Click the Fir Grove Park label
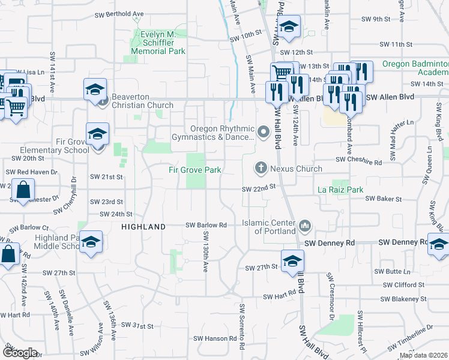(194, 170)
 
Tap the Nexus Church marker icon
(261, 167)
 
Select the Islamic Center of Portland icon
(305, 226)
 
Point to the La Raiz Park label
(340, 190)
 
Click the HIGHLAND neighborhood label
(143, 227)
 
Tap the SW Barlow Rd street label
(206, 225)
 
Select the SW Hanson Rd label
(210, 338)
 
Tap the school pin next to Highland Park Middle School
(91, 242)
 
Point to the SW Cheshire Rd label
(358, 162)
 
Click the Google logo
(19, 353)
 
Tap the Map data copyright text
(423, 355)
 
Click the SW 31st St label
(137, 325)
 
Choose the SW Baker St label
(382, 198)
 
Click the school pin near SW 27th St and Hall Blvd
(292, 261)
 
